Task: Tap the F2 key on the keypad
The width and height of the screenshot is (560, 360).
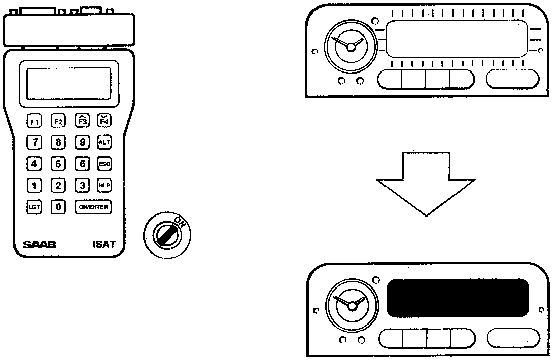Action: pos(58,121)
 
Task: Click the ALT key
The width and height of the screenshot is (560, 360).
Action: pos(103,142)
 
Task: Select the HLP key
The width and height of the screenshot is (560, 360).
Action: pos(103,185)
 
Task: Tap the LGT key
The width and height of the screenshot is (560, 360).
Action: pos(34,207)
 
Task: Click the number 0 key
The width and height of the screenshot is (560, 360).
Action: pos(58,207)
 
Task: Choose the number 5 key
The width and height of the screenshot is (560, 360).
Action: pos(58,164)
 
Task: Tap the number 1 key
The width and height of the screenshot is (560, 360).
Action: pos(34,185)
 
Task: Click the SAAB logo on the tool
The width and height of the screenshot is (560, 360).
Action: pos(39,245)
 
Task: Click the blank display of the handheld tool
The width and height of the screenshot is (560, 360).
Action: pos(69,83)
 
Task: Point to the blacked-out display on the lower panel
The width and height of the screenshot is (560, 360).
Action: pos(457,298)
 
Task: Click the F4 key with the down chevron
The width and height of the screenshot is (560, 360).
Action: pos(103,121)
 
